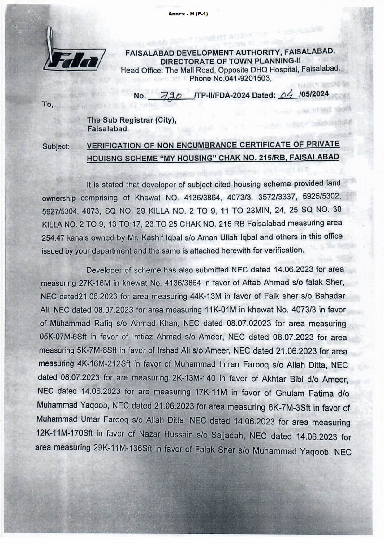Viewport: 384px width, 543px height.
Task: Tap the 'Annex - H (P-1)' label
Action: click(188, 14)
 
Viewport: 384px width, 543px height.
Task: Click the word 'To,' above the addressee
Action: click(48, 105)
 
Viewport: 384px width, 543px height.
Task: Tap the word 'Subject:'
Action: click(56, 146)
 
